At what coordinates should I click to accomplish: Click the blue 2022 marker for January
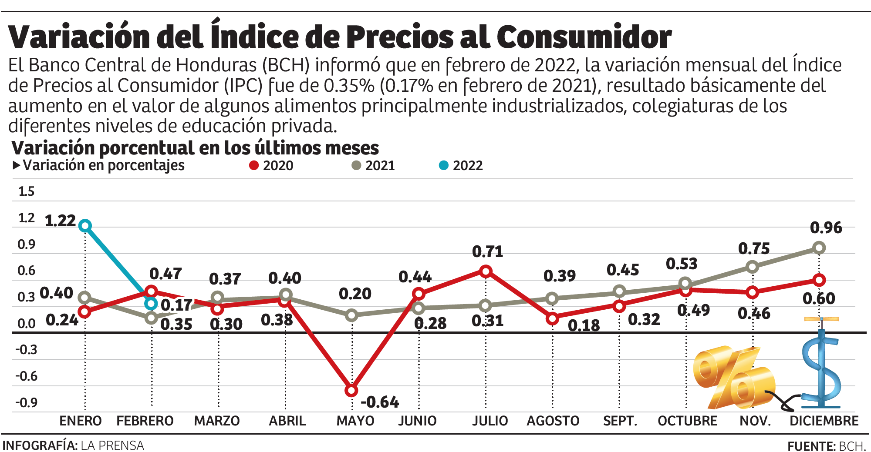[x=85, y=225]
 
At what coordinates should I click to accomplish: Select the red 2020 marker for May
[x=351, y=390]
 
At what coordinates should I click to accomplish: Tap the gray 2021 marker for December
[x=819, y=248]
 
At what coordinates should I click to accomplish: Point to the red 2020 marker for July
[x=486, y=271]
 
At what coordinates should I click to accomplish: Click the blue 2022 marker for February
[x=151, y=303]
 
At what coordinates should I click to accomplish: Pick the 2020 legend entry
[x=272, y=165]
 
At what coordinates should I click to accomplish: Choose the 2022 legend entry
[x=461, y=165]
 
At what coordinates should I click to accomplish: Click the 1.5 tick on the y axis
[x=26, y=191]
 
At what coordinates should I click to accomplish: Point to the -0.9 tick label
[x=26, y=402]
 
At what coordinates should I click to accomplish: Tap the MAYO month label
[x=355, y=421]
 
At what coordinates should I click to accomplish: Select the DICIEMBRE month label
[x=824, y=421]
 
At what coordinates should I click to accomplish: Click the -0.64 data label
[x=380, y=402]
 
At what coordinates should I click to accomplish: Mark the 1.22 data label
[x=61, y=221]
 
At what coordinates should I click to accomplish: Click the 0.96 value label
[x=826, y=228]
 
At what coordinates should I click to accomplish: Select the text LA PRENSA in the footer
[x=112, y=445]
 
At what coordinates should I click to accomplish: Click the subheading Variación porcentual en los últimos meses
[x=195, y=148]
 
